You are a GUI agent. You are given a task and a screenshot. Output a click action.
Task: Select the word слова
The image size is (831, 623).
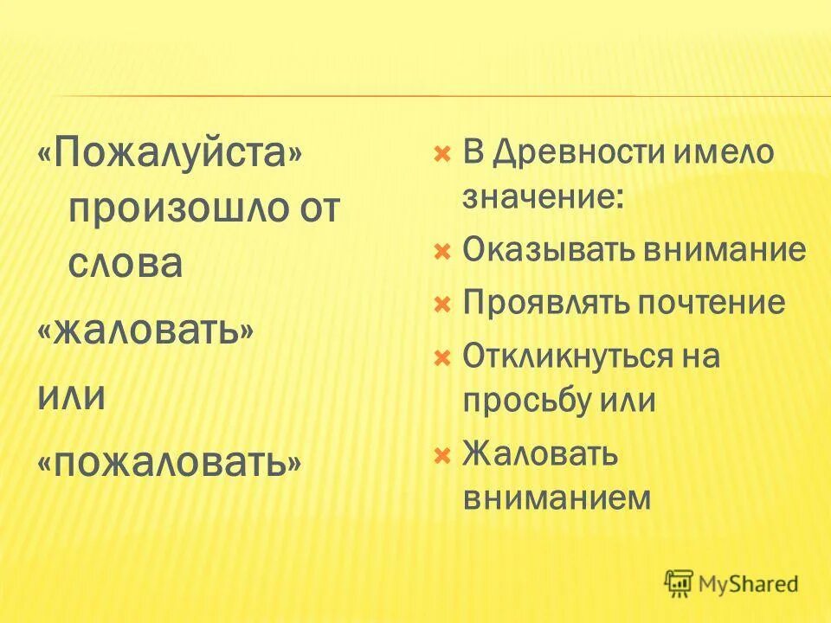point(126,263)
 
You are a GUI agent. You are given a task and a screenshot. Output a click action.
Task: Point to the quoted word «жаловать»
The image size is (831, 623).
point(145,331)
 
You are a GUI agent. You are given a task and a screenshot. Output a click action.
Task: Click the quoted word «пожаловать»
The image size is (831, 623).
point(170,465)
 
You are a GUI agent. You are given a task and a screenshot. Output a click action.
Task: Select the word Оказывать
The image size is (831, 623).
point(548,251)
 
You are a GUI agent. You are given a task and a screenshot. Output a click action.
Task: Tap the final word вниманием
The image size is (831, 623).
point(557,497)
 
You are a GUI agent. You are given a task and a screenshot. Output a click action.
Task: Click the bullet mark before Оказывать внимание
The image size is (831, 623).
point(441,252)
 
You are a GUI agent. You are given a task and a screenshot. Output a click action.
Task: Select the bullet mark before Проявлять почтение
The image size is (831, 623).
point(441,304)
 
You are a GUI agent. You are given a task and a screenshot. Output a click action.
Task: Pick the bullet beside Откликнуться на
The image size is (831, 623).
point(441,357)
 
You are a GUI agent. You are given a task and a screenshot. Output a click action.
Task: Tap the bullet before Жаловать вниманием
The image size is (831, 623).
point(441,454)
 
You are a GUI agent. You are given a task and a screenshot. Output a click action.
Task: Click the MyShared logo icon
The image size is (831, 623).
point(680,583)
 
